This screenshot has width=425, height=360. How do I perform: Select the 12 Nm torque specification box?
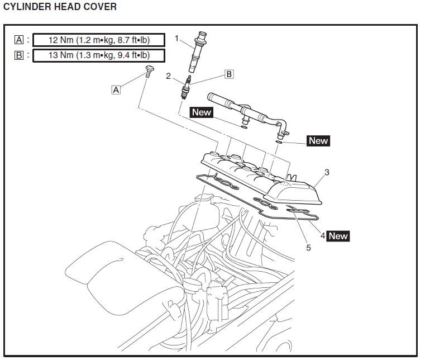pyautogui.click(x=99, y=40)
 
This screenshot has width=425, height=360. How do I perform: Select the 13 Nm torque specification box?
pyautogui.click(x=99, y=55)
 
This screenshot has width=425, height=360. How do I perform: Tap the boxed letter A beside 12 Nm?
pyautogui.click(x=20, y=40)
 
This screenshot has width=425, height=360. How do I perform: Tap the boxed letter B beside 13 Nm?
pyautogui.click(x=20, y=55)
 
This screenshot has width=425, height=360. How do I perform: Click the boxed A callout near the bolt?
pyautogui.click(x=116, y=89)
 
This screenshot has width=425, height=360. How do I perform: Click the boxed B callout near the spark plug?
pyautogui.click(x=228, y=74)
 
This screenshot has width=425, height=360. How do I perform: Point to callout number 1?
pyautogui.click(x=176, y=39)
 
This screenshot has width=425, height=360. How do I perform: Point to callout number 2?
pyautogui.click(x=168, y=76)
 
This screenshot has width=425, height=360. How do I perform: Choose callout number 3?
pyautogui.click(x=327, y=172)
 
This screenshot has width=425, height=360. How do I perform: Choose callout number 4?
pyautogui.click(x=323, y=235)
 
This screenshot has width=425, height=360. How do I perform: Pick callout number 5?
pyautogui.click(x=308, y=247)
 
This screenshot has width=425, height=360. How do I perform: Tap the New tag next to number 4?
pyautogui.click(x=338, y=236)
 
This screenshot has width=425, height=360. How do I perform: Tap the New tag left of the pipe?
pyautogui.click(x=202, y=112)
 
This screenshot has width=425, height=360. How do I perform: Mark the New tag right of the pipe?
pyautogui.click(x=318, y=141)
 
